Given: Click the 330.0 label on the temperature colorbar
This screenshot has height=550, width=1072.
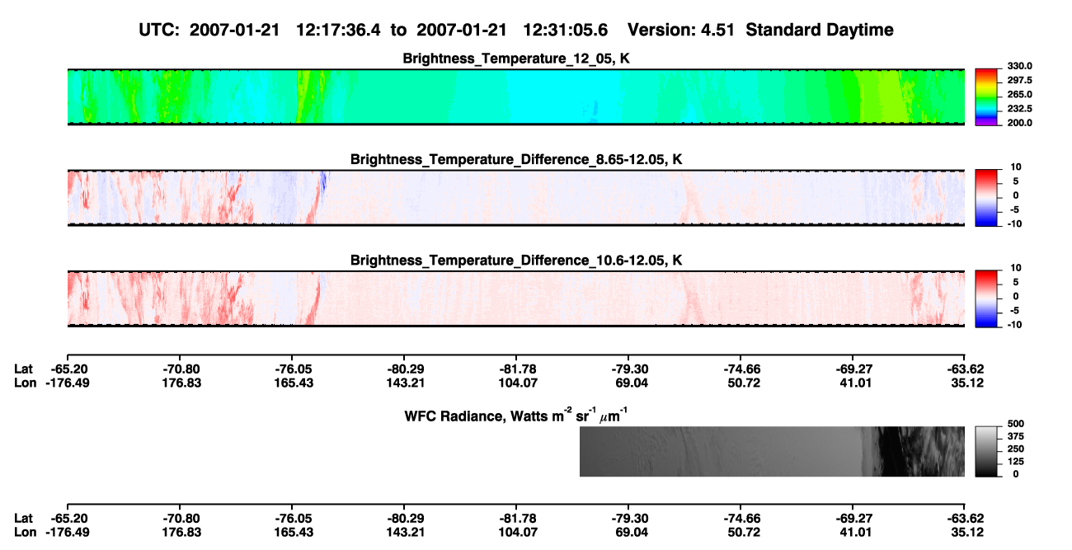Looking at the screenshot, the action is (1019, 66).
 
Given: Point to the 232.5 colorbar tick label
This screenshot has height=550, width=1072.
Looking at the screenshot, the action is (1019, 109).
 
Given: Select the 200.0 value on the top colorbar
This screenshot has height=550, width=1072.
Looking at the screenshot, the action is (1019, 123).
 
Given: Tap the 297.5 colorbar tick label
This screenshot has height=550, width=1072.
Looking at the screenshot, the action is (1019, 81).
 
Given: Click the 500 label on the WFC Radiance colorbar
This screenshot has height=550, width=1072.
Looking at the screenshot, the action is (1016, 424).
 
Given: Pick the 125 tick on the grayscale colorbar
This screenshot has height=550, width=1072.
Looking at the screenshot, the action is (1016, 462).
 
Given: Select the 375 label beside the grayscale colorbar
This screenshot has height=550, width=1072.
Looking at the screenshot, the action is (1016, 436).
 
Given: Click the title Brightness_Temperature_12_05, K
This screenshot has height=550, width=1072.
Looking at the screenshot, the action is (516, 59).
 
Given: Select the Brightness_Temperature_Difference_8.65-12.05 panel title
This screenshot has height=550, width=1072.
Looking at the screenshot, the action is (516, 159).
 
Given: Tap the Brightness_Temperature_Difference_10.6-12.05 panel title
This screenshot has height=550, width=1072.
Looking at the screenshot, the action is (516, 261).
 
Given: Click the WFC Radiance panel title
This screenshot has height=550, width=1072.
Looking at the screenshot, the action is (516, 416).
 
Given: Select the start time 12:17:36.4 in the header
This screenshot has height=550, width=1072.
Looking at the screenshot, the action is (338, 31).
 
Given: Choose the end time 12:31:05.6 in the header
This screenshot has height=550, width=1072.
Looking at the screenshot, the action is (565, 31).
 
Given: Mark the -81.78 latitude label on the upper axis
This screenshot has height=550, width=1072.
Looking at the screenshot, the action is (518, 369).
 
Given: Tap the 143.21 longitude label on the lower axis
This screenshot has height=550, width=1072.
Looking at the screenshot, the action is (406, 533).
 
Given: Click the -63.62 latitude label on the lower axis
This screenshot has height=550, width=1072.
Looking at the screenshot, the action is (966, 519).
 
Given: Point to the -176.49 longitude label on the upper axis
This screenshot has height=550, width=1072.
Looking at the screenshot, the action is (68, 383).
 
